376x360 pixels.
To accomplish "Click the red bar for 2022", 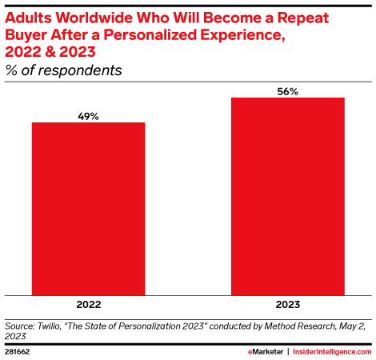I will click(88, 209).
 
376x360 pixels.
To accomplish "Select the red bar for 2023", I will click(287, 196).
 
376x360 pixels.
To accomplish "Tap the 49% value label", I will click(88, 116).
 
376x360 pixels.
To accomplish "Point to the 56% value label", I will click(287, 91).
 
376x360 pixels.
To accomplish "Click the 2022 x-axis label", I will click(88, 305).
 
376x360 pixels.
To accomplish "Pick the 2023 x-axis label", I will click(287, 305).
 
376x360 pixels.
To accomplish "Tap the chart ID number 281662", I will click(18, 350).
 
